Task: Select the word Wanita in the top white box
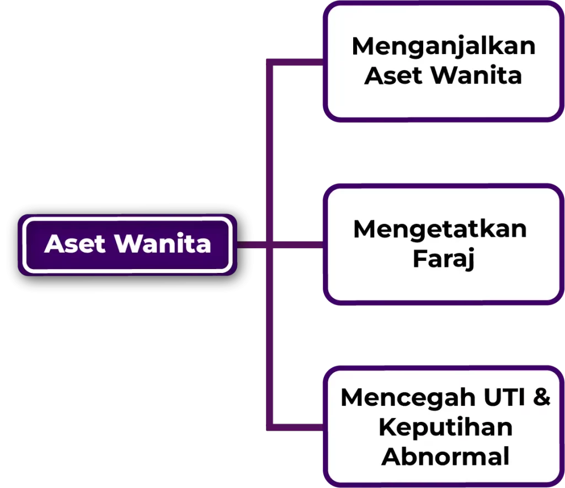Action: [x=476, y=76]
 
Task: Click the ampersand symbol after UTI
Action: [x=542, y=397]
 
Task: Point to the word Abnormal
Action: [x=445, y=457]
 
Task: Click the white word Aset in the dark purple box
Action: [x=75, y=244]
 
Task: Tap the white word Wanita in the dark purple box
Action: [x=163, y=244]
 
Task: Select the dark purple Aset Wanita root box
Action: [x=127, y=245]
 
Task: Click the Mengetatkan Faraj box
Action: [x=444, y=244]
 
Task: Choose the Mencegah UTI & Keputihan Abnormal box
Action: [x=444, y=426]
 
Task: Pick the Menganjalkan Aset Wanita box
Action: [x=444, y=62]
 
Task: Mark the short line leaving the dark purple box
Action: [x=252, y=245]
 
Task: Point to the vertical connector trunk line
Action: [x=269, y=244]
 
